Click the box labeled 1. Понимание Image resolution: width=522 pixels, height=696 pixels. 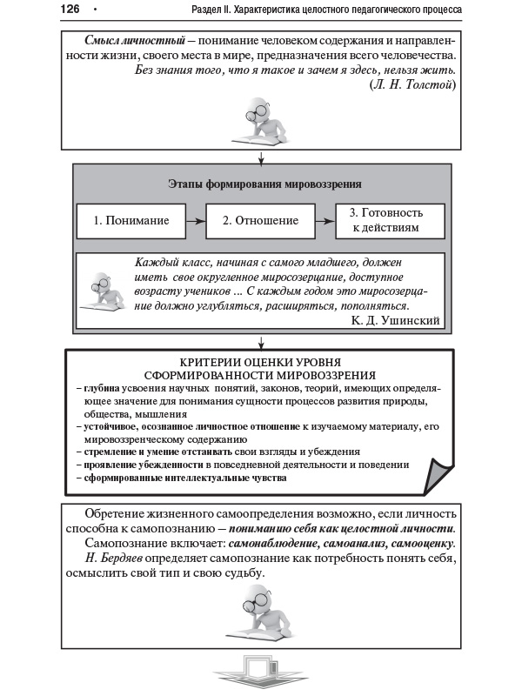[132, 221]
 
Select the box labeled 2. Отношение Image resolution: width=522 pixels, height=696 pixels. [260, 221]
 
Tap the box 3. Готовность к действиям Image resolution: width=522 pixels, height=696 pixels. [390, 220]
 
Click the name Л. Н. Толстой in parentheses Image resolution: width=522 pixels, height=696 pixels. [412, 84]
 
